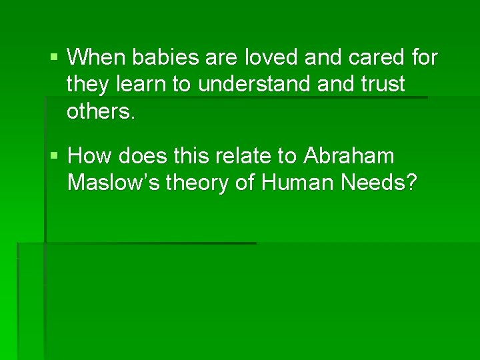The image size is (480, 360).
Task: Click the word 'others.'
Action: (x=101, y=111)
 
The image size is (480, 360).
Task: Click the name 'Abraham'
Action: (x=349, y=157)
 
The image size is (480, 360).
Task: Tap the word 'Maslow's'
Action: (x=113, y=183)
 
